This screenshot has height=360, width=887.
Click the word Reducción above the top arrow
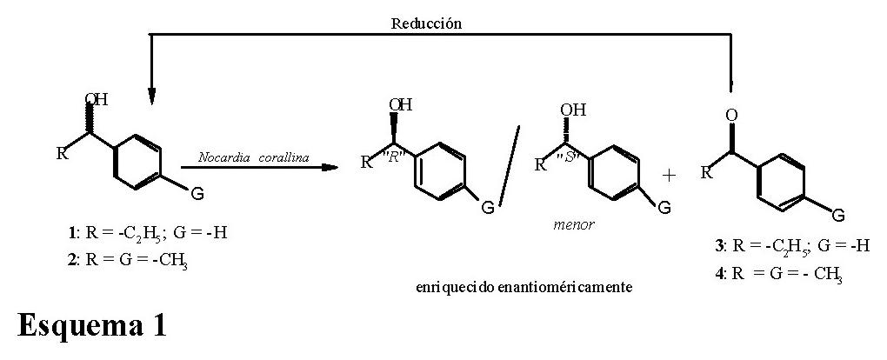click(x=426, y=23)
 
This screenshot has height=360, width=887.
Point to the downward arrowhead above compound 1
click(x=151, y=96)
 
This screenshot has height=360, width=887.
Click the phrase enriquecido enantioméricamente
click(x=522, y=285)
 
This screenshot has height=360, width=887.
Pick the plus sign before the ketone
click(x=669, y=176)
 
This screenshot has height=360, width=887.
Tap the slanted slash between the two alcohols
click(x=508, y=165)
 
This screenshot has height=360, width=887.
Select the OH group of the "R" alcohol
click(x=401, y=105)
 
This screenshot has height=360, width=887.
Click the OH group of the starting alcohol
click(x=97, y=100)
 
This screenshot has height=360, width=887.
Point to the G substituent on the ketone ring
click(x=838, y=215)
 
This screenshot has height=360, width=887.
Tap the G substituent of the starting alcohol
click(x=197, y=194)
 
